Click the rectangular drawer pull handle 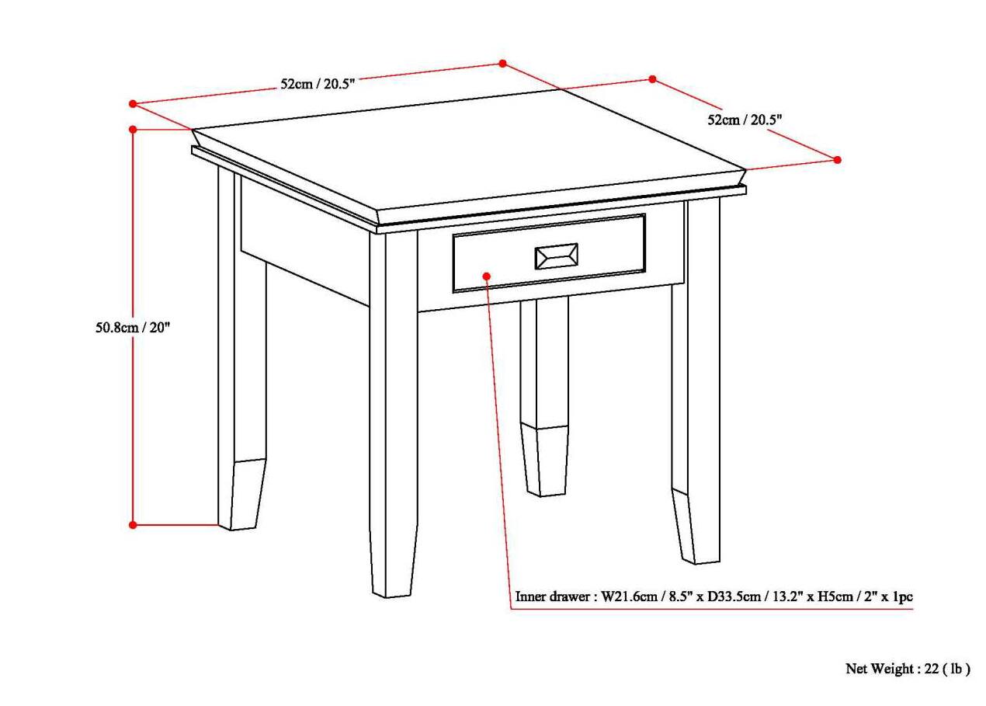pyautogui.click(x=555, y=256)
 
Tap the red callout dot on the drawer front pyautogui.click(x=487, y=276)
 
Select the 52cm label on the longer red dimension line pyautogui.click(x=318, y=84)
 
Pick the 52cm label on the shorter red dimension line pyautogui.click(x=744, y=120)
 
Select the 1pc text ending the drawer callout pyautogui.click(x=901, y=597)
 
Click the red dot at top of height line pyautogui.click(x=134, y=129)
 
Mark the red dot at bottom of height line pyautogui.click(x=133, y=525)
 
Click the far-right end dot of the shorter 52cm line pyautogui.click(x=837, y=159)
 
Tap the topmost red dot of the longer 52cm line pyautogui.click(x=502, y=64)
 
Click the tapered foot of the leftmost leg pyautogui.click(x=245, y=494)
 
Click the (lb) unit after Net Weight pyautogui.click(x=956, y=669)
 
